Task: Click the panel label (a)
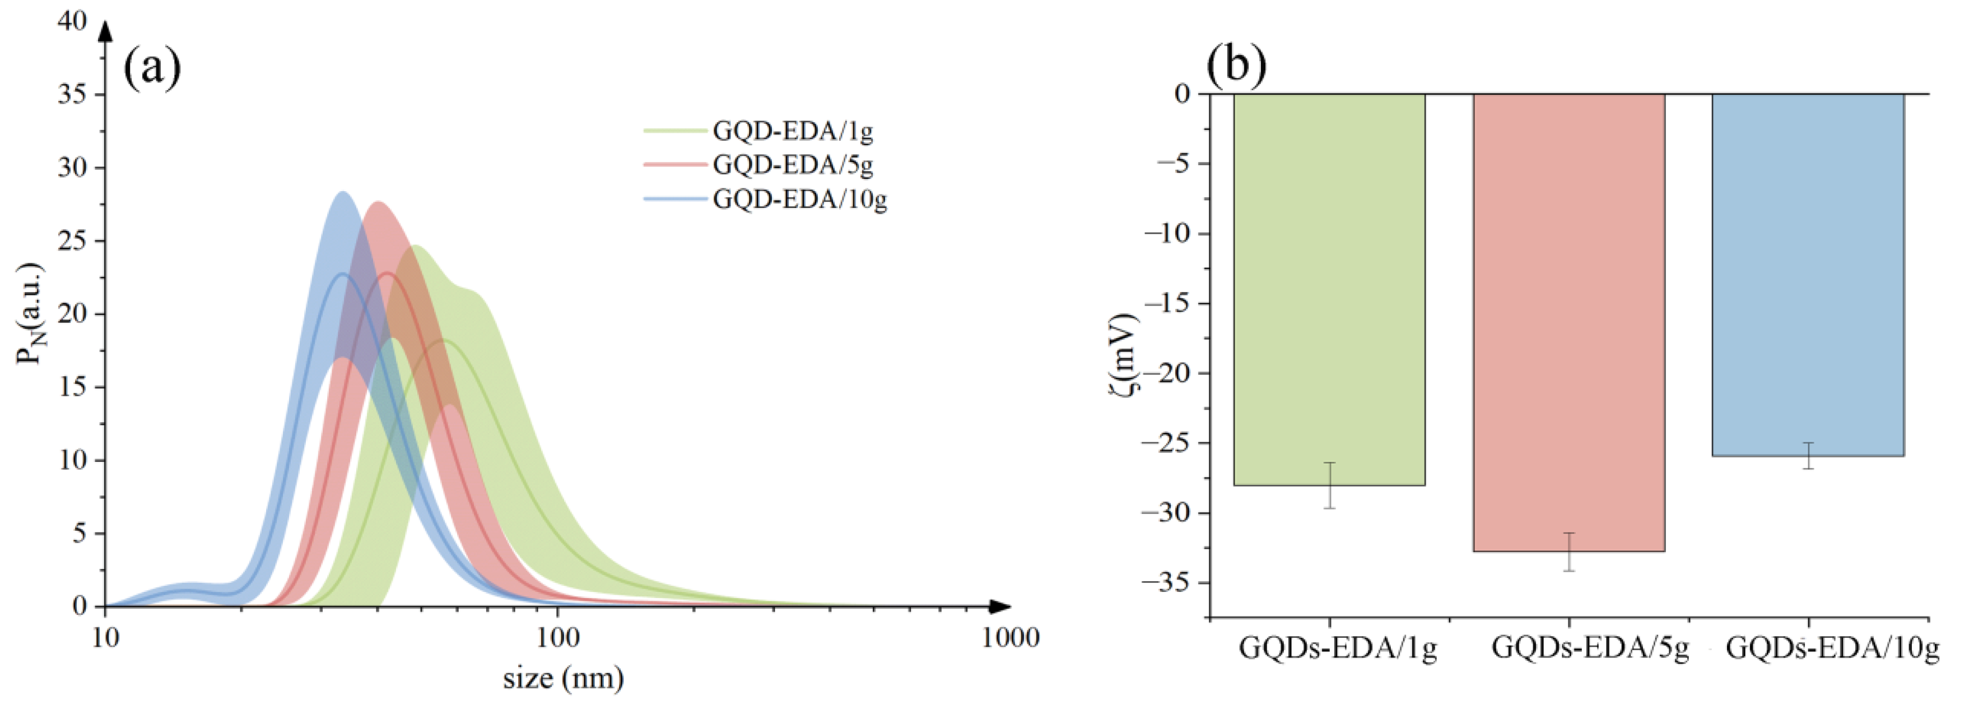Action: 152,68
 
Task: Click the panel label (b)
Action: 1236,64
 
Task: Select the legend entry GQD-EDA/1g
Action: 793,131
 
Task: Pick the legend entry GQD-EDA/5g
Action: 793,164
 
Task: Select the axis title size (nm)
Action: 564,678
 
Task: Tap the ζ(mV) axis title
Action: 1124,353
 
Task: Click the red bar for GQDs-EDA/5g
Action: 1569,321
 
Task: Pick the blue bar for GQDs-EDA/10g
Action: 1808,275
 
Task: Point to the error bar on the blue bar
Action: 1808,455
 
